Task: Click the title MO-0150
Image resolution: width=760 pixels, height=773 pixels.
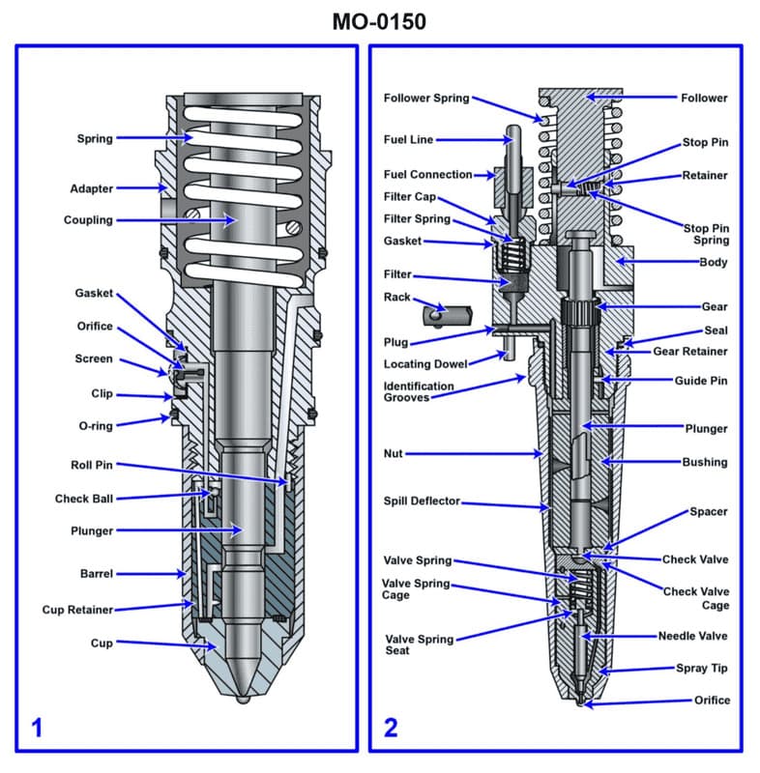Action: tap(379, 21)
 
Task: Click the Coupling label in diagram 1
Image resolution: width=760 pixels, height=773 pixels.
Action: tap(88, 220)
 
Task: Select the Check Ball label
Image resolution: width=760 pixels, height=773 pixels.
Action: tap(84, 499)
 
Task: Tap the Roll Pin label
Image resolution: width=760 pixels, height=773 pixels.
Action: tap(91, 465)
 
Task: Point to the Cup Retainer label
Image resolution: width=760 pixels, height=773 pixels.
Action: tap(77, 610)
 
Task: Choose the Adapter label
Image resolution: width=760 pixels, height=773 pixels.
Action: tap(91, 188)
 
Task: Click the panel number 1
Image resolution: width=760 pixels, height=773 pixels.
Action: tap(37, 728)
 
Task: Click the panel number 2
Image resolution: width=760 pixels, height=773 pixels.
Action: tap(391, 728)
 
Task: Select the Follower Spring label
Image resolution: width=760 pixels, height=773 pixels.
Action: tap(426, 98)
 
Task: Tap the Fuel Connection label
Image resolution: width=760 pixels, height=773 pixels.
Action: tap(428, 175)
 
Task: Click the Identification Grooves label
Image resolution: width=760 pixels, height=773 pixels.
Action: tap(419, 391)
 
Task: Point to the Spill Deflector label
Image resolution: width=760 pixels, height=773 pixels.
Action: tap(422, 501)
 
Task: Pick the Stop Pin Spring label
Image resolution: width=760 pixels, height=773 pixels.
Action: tap(706, 234)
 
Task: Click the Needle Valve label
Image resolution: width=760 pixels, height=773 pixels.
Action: tap(692, 636)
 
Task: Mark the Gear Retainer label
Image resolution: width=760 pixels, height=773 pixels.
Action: tap(690, 351)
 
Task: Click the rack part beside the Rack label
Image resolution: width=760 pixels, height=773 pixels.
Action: tap(445, 314)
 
